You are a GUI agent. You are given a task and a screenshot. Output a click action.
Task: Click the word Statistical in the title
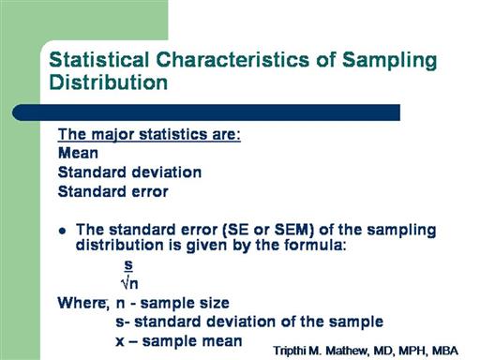[x=99, y=59]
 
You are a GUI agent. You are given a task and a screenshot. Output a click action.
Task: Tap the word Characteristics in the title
[x=232, y=59]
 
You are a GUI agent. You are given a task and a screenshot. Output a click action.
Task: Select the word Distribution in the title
[x=109, y=82]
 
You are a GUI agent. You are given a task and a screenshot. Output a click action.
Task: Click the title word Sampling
[x=389, y=61]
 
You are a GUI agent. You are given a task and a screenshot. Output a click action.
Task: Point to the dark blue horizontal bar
[x=206, y=112]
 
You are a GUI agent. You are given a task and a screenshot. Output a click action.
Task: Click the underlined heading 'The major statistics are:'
[x=149, y=135]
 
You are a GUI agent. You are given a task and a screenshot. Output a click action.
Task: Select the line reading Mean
[x=78, y=153]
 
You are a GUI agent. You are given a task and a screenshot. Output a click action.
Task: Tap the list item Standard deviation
[x=129, y=172]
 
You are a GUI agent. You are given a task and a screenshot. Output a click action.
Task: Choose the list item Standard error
[x=113, y=191]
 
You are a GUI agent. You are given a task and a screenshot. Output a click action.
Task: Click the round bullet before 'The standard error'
[x=63, y=231]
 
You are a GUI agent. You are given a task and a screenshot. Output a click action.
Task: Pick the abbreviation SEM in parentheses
[x=292, y=230]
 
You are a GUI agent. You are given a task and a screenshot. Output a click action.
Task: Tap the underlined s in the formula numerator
[x=128, y=265]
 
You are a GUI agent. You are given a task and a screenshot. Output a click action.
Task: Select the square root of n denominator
[x=129, y=283]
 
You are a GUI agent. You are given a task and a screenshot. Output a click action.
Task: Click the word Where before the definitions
[x=82, y=303]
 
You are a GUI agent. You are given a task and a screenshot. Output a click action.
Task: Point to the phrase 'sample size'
[x=185, y=303]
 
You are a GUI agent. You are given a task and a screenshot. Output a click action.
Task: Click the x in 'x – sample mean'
[x=120, y=341]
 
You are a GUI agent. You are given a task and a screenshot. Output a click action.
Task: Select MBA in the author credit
[x=445, y=351]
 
